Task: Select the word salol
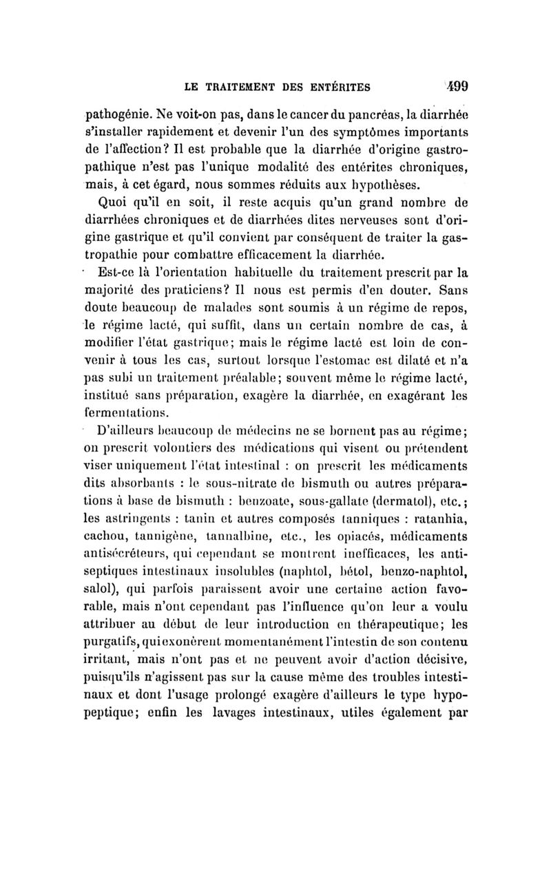[x=102, y=590]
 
